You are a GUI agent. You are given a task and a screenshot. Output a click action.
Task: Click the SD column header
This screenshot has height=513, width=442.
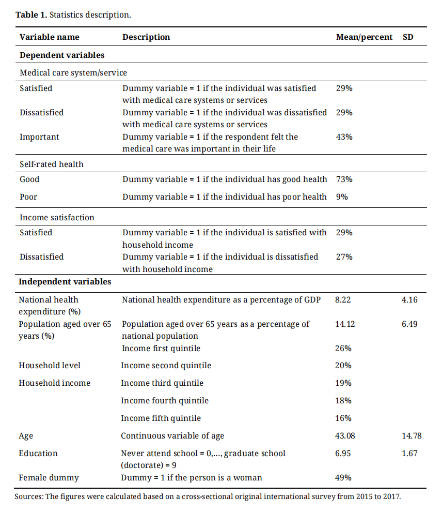point(407,37)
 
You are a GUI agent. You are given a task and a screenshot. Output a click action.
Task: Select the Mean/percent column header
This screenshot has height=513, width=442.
point(364,37)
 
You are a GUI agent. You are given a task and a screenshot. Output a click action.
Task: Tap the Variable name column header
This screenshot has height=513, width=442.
point(50,37)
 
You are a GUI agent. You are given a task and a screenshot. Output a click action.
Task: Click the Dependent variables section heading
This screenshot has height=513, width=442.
point(62,55)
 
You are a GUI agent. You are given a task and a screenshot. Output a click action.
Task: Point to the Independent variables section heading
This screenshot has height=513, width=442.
point(65,282)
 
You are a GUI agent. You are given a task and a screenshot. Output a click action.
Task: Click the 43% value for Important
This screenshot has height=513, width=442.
point(344,137)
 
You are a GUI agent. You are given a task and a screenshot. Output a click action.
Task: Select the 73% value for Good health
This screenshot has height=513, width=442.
point(344,179)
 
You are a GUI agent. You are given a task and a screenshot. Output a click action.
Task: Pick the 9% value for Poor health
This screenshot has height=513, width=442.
point(342,197)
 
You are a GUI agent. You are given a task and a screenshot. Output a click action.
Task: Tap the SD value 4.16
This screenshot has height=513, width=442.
point(409,300)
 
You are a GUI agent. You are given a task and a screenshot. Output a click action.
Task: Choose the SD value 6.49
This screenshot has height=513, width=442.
point(409,324)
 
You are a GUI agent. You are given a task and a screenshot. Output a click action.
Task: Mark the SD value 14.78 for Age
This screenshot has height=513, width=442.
point(412,436)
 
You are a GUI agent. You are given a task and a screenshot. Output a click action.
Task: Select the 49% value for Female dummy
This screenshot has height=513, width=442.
point(344,478)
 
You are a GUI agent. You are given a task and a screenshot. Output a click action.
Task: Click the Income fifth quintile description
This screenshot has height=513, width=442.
point(161,418)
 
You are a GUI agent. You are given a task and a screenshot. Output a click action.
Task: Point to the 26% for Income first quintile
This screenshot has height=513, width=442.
point(344,349)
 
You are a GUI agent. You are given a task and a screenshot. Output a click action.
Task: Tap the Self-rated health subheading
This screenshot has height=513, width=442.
point(51,164)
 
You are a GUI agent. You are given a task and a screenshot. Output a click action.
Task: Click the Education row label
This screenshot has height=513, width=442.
point(38,454)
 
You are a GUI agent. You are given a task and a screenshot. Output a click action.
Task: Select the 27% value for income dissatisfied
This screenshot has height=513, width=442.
point(344,257)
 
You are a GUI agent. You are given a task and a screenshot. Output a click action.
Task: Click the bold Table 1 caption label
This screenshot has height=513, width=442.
point(31,14)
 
